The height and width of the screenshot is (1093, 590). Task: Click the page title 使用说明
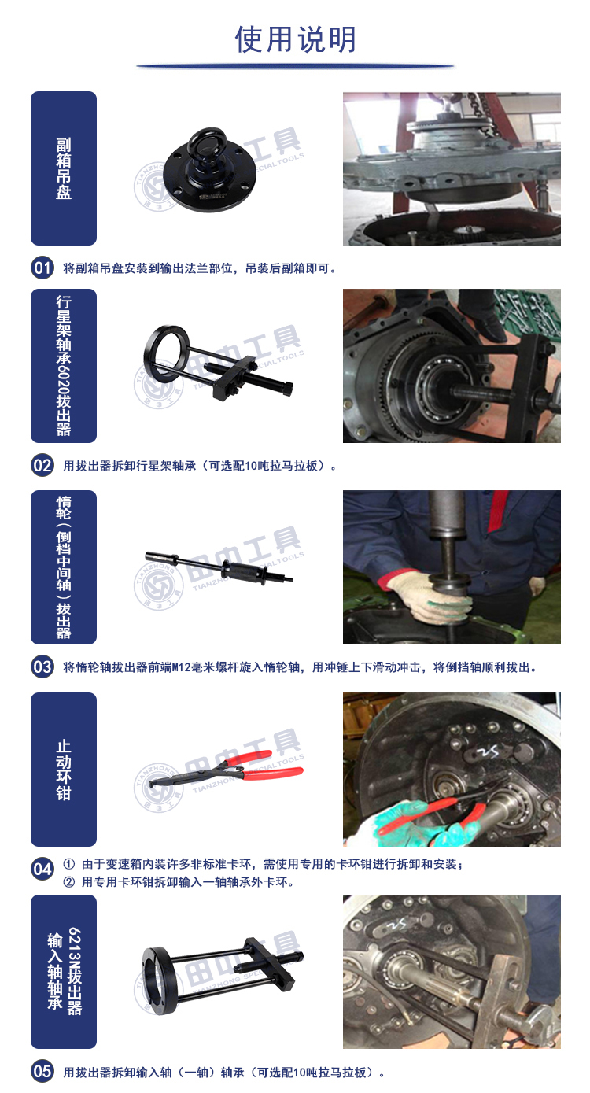[296, 39]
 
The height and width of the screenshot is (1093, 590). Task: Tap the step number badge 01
[42, 268]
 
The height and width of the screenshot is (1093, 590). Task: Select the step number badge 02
[42, 466]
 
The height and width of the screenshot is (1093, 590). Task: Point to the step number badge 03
[42, 667]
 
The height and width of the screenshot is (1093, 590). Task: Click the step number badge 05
[42, 1071]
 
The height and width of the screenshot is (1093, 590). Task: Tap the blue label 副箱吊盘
[64, 168]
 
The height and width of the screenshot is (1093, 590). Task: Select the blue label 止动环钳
[64, 770]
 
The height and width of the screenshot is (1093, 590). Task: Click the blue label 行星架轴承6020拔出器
[64, 366]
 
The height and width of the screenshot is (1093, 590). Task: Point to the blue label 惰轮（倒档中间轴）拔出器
[64, 567]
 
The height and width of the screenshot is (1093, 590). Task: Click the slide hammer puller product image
[219, 568]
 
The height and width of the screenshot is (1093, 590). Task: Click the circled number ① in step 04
[68, 864]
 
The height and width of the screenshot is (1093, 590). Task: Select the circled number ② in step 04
[68, 882]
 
